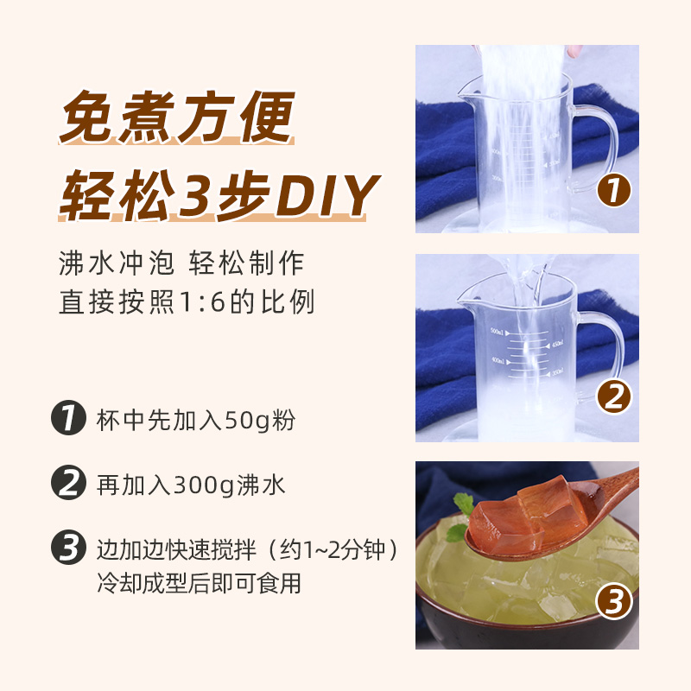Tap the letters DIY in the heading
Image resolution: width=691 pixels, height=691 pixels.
[x=325, y=196]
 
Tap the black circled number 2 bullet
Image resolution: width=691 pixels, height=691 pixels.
[x=69, y=484]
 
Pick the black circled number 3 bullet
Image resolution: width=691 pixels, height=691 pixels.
[x=69, y=548]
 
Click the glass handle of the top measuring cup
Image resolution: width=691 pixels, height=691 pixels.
[x=596, y=147]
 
